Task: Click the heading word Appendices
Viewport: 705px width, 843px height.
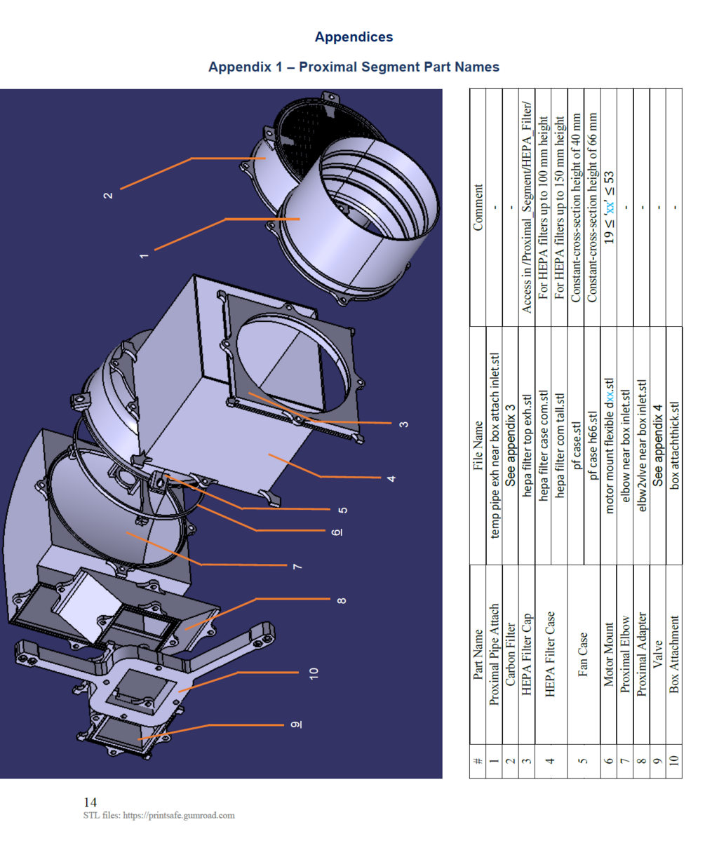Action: (x=354, y=36)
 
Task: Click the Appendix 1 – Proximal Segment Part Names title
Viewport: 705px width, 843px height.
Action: (x=354, y=67)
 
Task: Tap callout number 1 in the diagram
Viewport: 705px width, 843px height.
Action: (x=144, y=255)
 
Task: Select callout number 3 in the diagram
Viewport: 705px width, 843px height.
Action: (x=404, y=423)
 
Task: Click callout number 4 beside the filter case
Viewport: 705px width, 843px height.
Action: (x=390, y=478)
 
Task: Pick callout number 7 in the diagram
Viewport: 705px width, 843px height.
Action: (x=297, y=565)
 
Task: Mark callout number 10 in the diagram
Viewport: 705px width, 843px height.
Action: (x=315, y=673)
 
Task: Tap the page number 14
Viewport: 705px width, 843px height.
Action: (x=90, y=802)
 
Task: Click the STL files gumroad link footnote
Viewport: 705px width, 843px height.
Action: (x=159, y=816)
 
